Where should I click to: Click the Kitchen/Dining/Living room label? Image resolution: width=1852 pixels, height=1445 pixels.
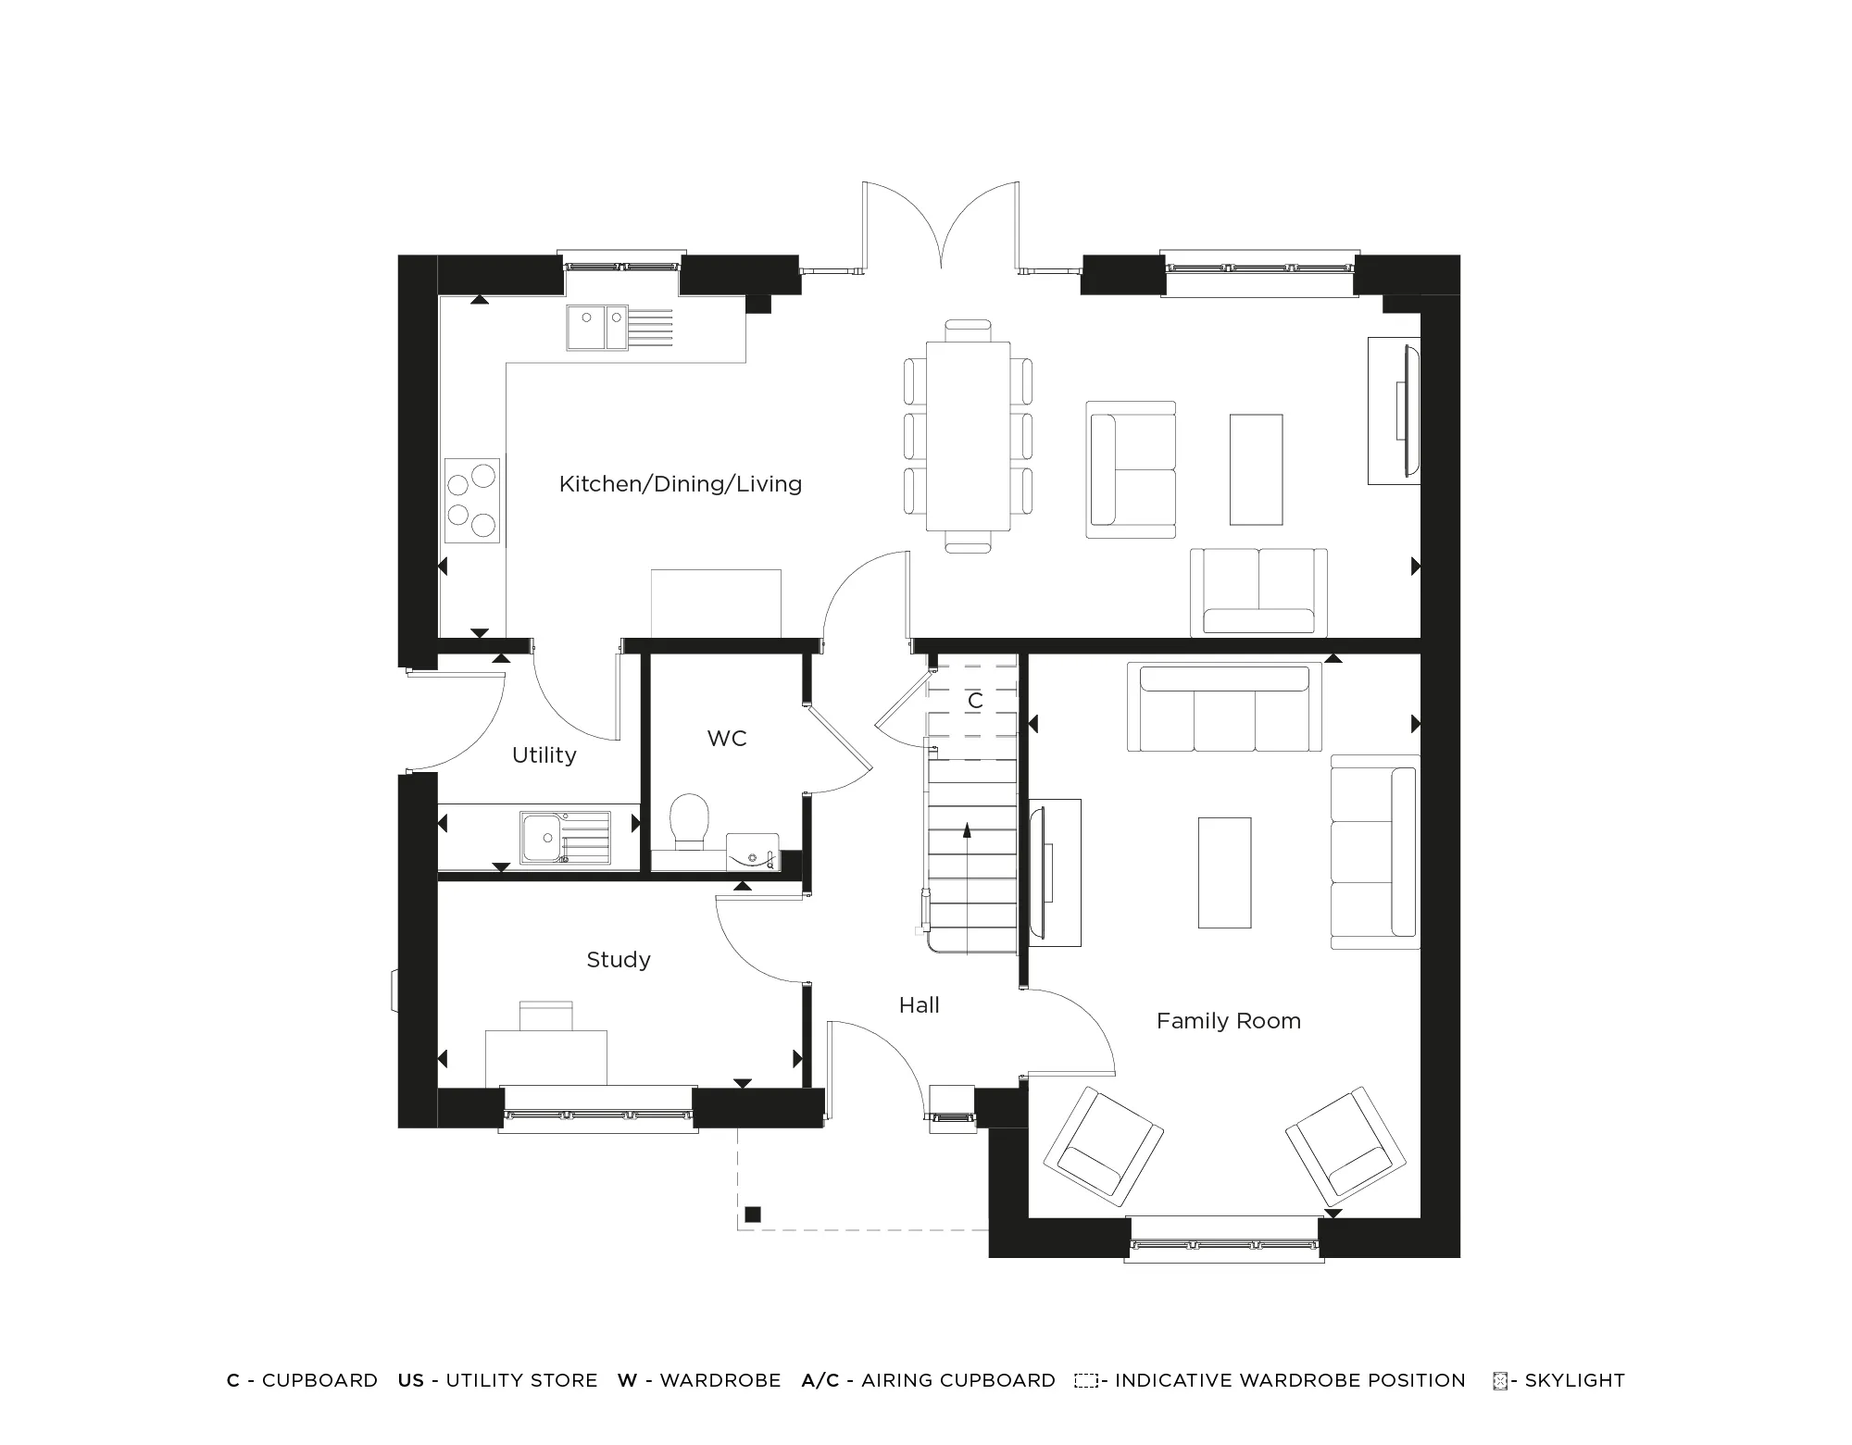[680, 484]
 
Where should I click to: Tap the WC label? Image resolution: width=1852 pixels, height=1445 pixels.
[726, 739]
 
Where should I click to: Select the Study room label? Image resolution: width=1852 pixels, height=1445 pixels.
[618, 960]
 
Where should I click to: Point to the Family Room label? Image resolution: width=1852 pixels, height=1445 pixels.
[1228, 1021]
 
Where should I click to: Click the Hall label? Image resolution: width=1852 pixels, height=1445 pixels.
[919, 1005]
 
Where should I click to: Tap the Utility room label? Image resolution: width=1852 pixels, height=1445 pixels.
[544, 755]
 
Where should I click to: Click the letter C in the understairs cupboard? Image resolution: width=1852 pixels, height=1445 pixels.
[974, 701]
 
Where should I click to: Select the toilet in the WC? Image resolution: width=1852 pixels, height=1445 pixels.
[688, 820]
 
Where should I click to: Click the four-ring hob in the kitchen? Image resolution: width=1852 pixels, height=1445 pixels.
[471, 501]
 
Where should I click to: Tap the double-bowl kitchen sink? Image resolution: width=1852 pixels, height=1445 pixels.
[598, 328]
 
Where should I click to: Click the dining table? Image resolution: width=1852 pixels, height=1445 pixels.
[968, 436]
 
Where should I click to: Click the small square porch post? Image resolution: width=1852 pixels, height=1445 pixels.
[752, 1215]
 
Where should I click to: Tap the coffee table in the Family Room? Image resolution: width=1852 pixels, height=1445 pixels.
[1224, 872]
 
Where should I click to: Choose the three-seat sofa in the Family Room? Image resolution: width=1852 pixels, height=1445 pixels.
[1224, 708]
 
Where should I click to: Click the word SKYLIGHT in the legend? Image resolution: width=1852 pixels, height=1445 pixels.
[1574, 1380]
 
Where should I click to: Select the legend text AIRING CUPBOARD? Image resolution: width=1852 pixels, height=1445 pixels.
[957, 1380]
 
